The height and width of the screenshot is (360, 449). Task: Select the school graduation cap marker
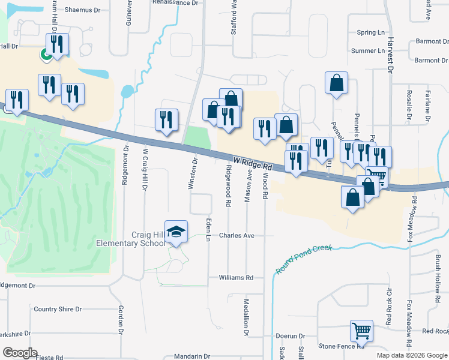pos(176,232)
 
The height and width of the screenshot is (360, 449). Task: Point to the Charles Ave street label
pos(237,236)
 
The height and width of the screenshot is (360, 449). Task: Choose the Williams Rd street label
pos(236,278)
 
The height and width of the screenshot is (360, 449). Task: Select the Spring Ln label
pos(370,32)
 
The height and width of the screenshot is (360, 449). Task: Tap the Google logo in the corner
pos(19,353)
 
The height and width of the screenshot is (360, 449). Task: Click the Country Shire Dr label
pos(58,309)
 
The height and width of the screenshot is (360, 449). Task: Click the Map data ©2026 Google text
pos(412,355)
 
